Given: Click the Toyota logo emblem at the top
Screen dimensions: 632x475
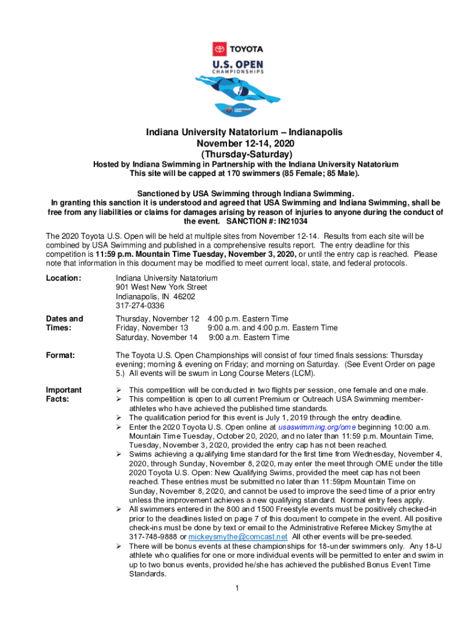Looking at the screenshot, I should coord(219,49).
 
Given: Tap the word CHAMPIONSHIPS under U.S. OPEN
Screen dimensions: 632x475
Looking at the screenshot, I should coord(238,71).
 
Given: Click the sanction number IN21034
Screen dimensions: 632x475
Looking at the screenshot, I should coord(287,221).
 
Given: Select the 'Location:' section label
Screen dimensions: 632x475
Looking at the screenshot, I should coord(64,278).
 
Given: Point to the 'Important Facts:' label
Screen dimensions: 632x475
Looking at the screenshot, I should coord(64,394).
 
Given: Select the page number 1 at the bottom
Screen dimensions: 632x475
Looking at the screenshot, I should coord(238,587).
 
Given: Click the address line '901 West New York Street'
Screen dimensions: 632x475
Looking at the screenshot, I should coord(161,287).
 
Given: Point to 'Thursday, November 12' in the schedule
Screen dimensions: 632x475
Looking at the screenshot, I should coord(157,318).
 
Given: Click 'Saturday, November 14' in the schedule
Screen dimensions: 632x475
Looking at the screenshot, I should coord(157,337).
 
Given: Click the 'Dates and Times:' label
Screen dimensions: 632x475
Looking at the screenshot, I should coord(65,323).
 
